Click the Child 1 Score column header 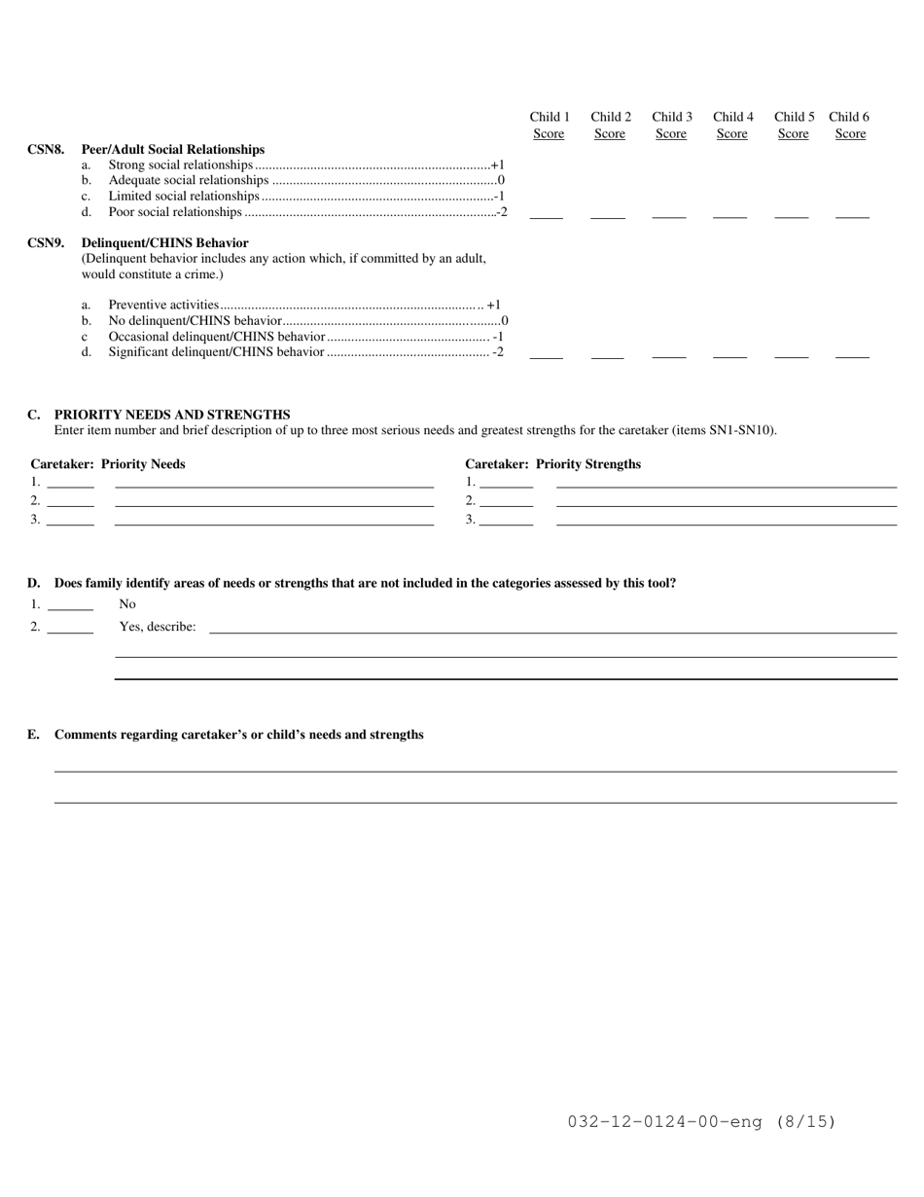click(550, 126)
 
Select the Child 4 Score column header click(732, 126)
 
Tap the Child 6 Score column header click(849, 126)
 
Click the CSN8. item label click(46, 150)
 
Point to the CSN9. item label click(46, 243)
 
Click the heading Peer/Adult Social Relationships click(173, 150)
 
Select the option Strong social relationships click(180, 165)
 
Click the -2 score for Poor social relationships click(501, 212)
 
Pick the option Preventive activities click(163, 306)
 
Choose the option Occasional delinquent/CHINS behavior click(216, 337)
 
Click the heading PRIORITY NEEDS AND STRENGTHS click(172, 415)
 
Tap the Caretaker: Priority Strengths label click(552, 464)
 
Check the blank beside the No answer click(70, 608)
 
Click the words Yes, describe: click(158, 627)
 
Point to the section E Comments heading click(238, 735)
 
